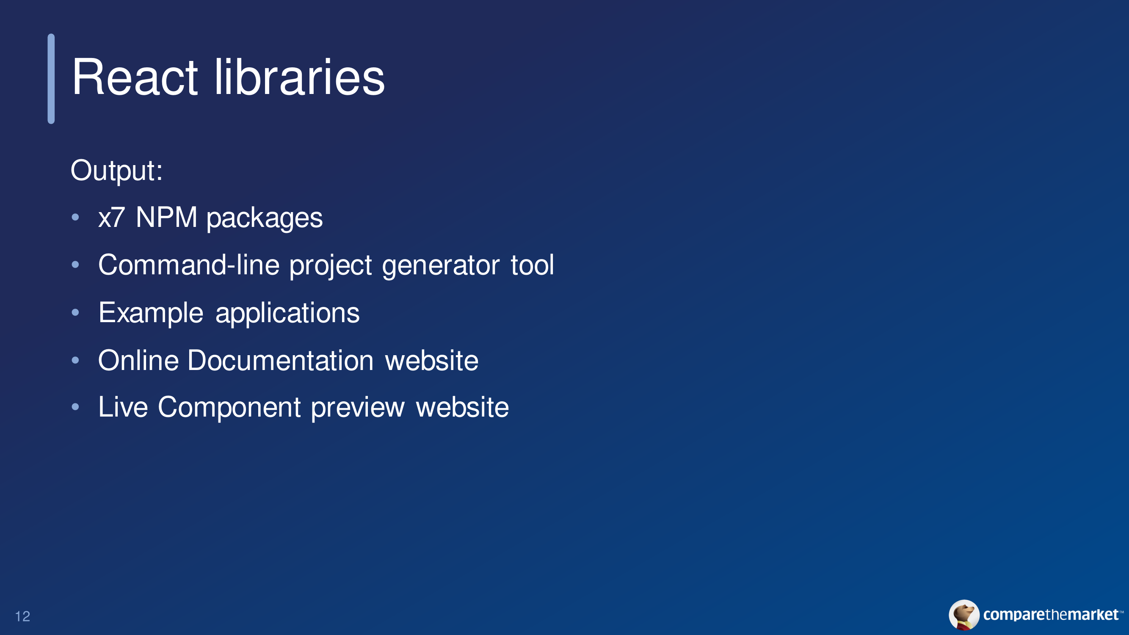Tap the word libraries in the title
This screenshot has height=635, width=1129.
click(x=299, y=77)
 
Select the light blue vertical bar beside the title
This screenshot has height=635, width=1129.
click(x=51, y=79)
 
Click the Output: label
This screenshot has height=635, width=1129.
click(x=116, y=171)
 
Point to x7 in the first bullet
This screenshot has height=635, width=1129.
click(x=112, y=217)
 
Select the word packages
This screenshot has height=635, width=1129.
click(x=265, y=219)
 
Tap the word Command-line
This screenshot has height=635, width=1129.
click(x=189, y=265)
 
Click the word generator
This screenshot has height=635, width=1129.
click(x=441, y=266)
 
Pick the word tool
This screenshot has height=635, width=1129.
click(x=533, y=265)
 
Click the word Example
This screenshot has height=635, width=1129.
click(x=151, y=314)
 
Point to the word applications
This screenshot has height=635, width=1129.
click(x=287, y=314)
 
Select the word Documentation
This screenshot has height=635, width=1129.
click(x=281, y=361)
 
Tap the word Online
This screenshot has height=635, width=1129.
click(x=138, y=361)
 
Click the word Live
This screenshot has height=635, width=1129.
click(x=123, y=407)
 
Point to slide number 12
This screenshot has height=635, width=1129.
click(x=23, y=617)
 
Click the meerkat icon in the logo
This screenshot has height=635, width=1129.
click(x=964, y=615)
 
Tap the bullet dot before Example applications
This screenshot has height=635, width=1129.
click(x=75, y=312)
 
